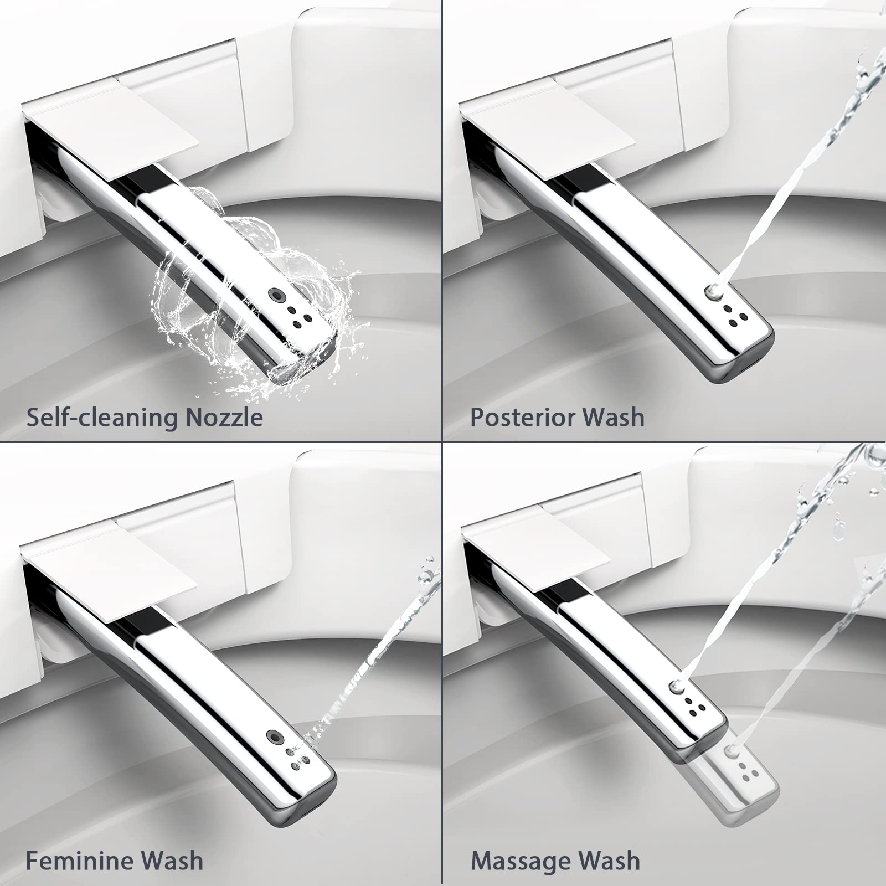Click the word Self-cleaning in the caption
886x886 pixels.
(102, 416)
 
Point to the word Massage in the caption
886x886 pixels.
(518, 861)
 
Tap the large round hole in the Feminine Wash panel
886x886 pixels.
(273, 736)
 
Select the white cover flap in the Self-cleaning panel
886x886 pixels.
(111, 133)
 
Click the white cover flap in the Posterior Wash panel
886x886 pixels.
(548, 133)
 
